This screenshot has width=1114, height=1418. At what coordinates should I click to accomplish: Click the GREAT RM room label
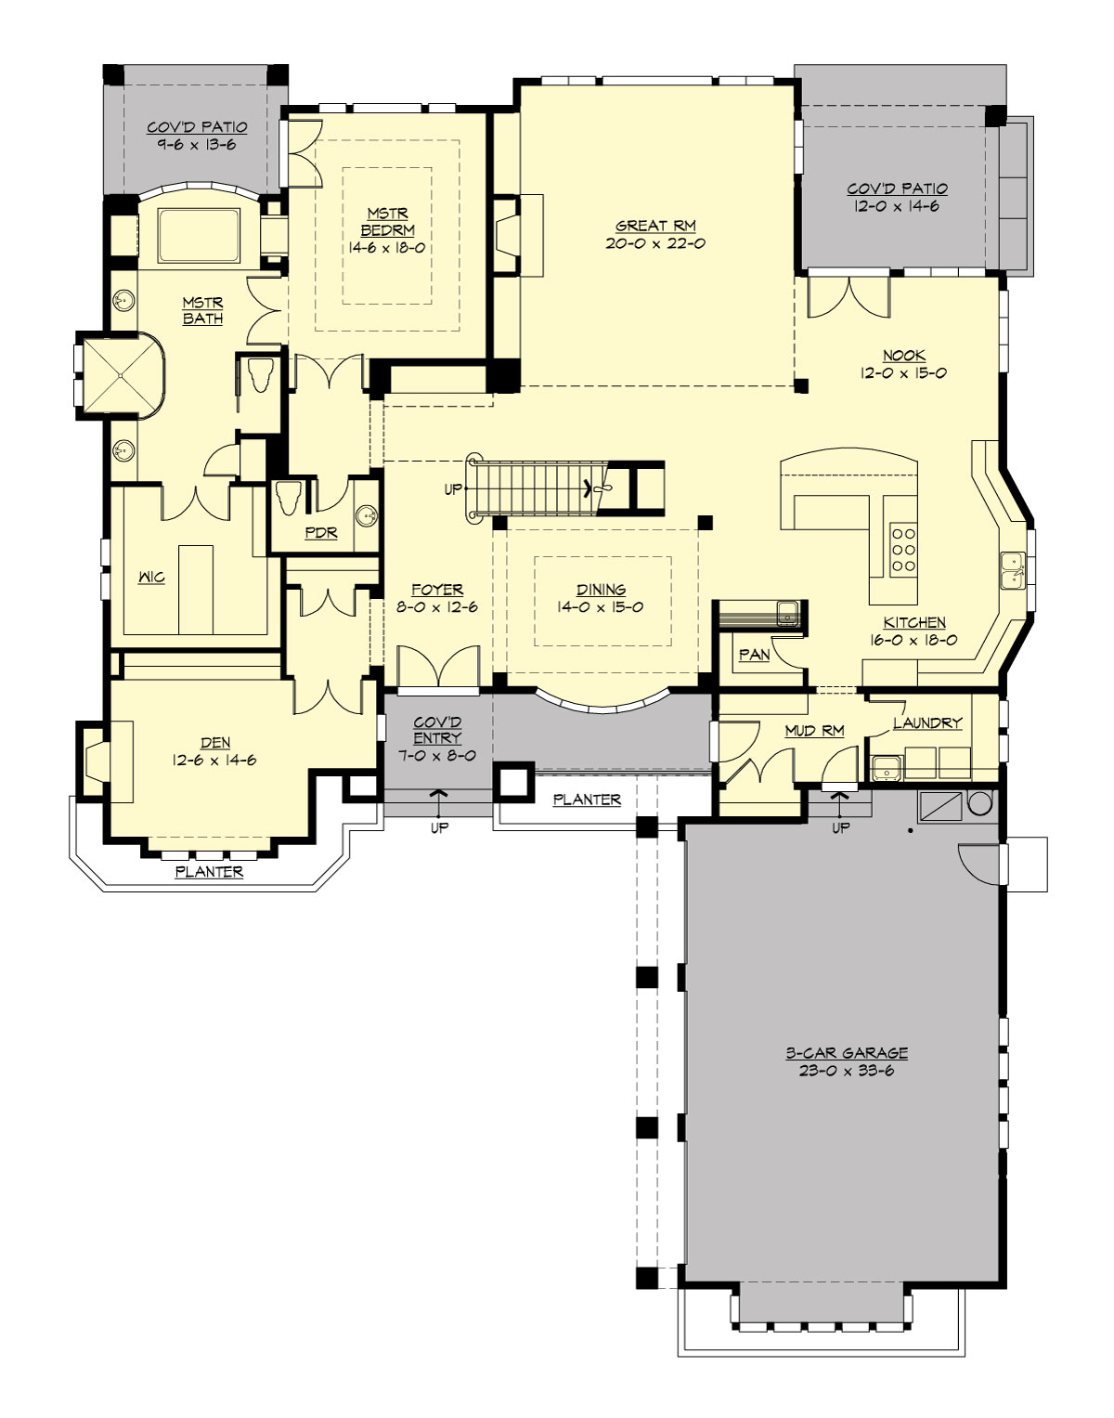(655, 226)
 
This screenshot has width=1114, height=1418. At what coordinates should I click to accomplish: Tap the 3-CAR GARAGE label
(847, 1052)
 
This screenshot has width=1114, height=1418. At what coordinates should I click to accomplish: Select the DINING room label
(601, 590)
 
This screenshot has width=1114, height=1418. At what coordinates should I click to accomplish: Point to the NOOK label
(904, 356)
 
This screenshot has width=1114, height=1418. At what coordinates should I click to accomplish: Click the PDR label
(321, 532)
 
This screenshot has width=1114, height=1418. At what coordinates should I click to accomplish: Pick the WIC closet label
(151, 578)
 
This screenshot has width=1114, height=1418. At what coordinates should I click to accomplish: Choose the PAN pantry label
(755, 655)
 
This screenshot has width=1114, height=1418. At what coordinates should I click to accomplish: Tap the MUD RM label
(815, 731)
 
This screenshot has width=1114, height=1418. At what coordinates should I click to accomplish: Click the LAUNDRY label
(927, 723)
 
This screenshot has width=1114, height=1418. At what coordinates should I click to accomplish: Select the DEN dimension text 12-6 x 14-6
(214, 761)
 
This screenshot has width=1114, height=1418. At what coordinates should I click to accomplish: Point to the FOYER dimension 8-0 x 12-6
(437, 607)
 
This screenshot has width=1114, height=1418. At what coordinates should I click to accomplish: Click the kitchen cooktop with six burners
(903, 550)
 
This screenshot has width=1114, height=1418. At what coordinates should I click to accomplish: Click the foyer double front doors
(439, 666)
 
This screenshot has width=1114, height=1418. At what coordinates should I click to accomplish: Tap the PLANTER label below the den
(210, 872)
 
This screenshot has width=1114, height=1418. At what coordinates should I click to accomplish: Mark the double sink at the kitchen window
(1014, 569)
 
